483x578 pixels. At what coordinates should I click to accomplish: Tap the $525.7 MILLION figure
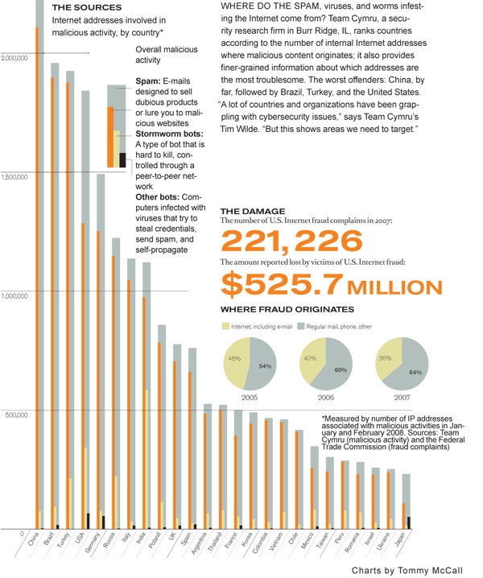[x=331, y=284]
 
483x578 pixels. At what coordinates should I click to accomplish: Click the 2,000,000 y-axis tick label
[x=14, y=58]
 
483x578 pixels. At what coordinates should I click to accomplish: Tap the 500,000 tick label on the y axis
[x=16, y=415]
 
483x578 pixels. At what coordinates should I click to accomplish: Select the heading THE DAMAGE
[x=251, y=211]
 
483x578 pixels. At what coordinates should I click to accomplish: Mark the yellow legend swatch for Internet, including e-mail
[x=225, y=326]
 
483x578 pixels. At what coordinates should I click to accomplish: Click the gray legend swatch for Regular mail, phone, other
[x=299, y=326]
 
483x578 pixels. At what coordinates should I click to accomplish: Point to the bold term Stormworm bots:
[x=169, y=133]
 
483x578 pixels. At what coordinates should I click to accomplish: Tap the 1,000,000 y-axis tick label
[x=14, y=295]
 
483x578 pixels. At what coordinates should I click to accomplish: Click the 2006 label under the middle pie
[x=325, y=397]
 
